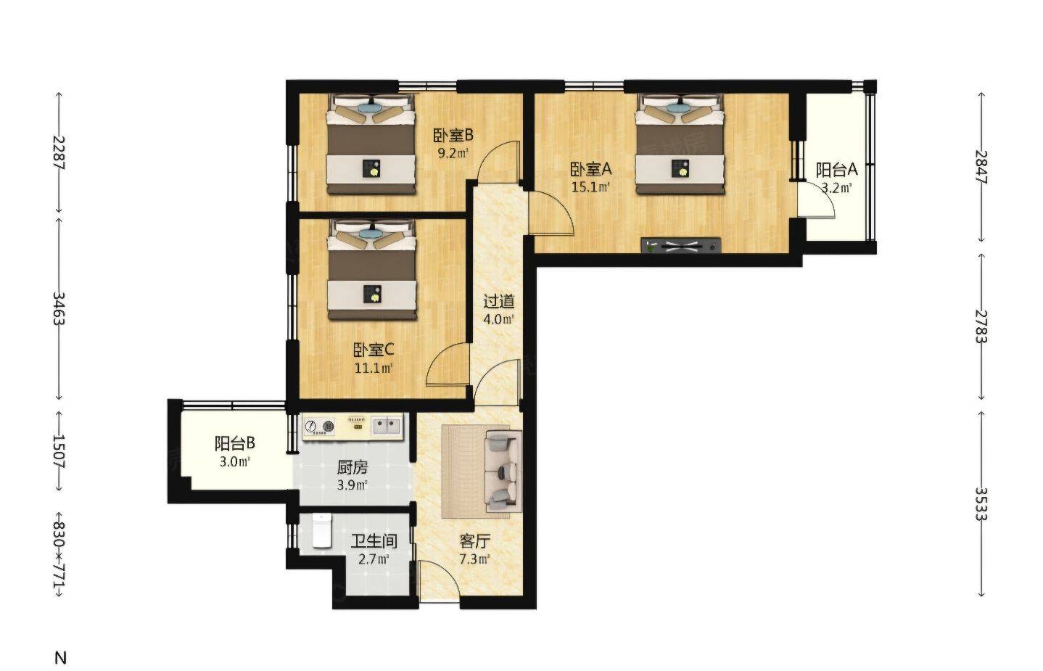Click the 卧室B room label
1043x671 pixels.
coord(453,136)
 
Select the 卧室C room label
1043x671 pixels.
coord(374,350)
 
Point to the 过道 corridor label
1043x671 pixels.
coord(499,301)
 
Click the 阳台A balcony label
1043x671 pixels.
coord(837,170)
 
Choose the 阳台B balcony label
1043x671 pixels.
coord(235,443)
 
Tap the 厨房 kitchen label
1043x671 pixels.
coord(353,466)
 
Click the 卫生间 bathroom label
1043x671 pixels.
coord(374,541)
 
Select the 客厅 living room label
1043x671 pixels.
coord(475,541)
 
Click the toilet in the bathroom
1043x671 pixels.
coord(321,530)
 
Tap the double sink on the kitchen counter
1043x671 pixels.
coord(387,426)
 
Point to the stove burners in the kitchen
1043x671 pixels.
coord(319,426)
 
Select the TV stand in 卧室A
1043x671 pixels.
coord(681,245)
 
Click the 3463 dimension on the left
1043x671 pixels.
coord(59,308)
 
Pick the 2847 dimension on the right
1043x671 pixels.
coord(981,167)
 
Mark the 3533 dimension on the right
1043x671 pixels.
coord(981,503)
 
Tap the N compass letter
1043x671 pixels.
coord(60,658)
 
